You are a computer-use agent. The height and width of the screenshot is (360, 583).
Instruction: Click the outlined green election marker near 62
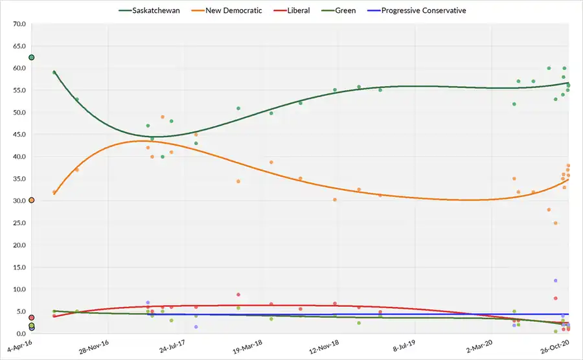[31, 58]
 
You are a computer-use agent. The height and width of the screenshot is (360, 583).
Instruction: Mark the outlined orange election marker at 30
[31, 200]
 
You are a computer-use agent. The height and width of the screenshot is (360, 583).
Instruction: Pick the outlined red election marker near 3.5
[31, 318]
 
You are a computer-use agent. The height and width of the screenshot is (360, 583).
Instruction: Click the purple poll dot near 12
[556, 280]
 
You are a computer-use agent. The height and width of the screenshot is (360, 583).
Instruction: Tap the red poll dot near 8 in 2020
[556, 298]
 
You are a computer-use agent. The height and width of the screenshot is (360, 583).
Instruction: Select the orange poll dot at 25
[556, 223]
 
